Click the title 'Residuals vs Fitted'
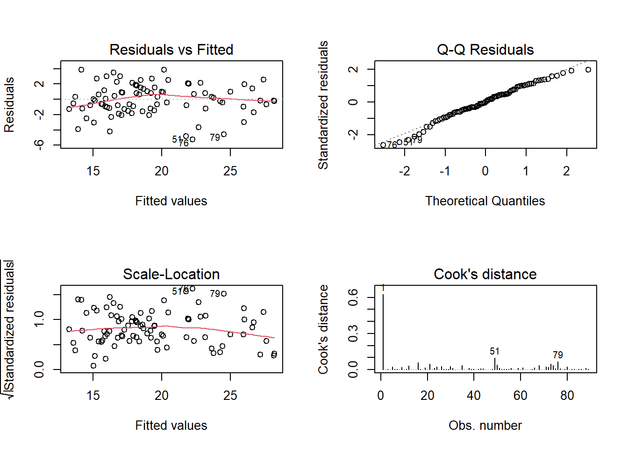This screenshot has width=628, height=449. pos(171,50)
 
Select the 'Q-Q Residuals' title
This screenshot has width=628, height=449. pos(485,50)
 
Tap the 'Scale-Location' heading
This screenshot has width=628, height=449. pos(171,274)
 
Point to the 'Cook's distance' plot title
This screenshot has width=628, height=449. pos(485,274)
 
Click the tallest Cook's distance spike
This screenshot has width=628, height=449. pos(383,327)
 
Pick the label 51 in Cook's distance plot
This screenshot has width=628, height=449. pos(494,351)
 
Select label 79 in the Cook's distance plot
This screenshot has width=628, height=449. pos(557,355)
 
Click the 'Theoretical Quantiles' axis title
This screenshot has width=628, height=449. pos(485,201)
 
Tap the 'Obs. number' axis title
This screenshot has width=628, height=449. pos(485,426)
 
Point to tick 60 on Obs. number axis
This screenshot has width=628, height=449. pos(520,396)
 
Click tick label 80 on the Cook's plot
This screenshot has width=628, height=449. pos(567,396)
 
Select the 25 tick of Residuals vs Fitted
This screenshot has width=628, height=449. pos(230,171)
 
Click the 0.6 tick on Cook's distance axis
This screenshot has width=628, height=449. pos(353,297)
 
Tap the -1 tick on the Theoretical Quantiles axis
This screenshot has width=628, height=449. pos(444,171)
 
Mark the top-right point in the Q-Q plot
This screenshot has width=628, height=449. pos(588,70)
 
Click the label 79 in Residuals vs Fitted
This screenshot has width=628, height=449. pos(214,138)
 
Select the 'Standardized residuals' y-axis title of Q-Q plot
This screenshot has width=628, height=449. pos(323,105)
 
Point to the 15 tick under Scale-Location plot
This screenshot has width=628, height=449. pos(93,396)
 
